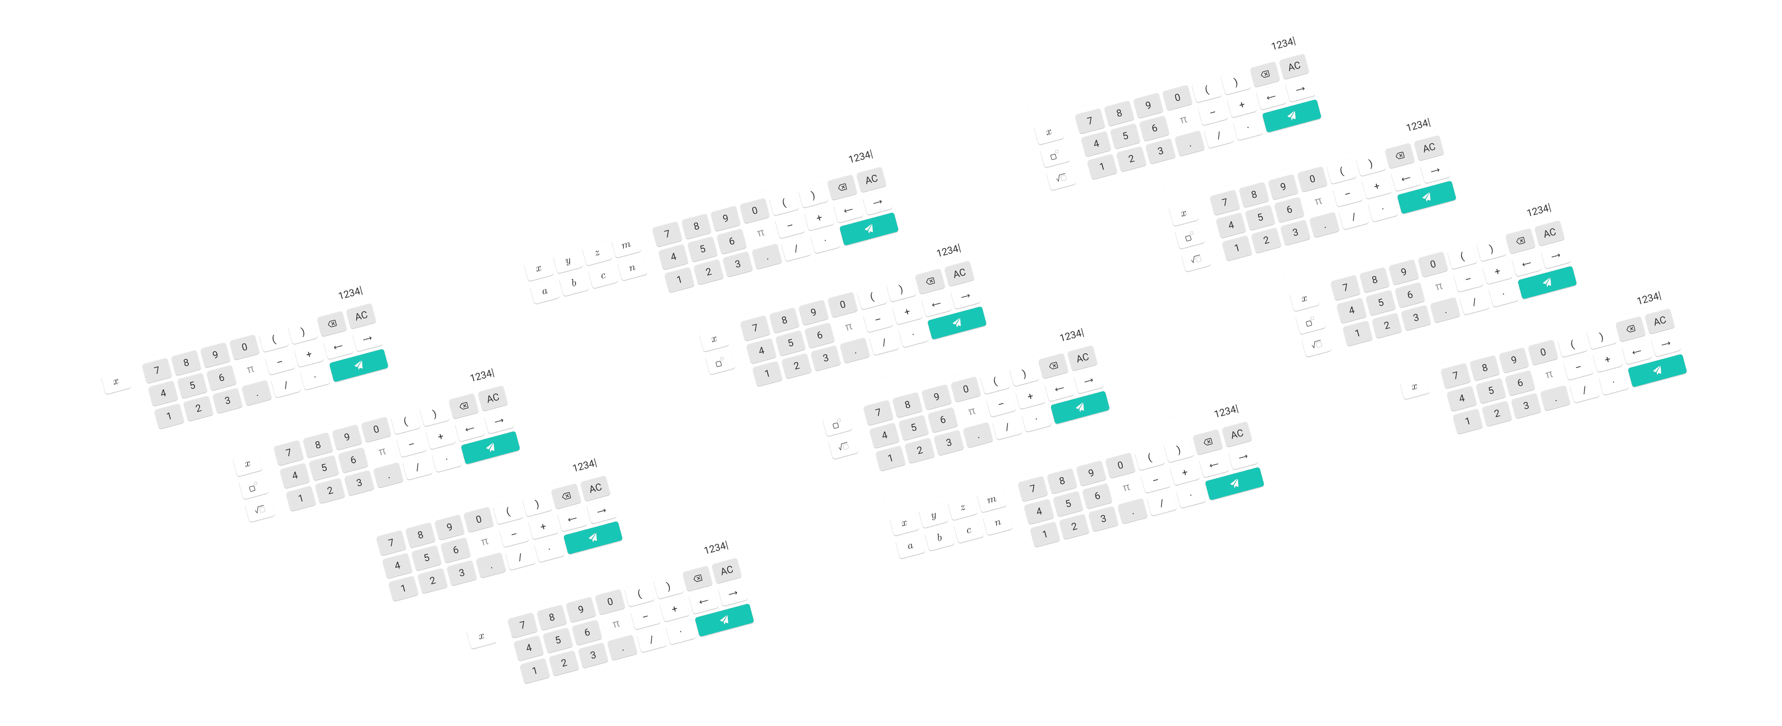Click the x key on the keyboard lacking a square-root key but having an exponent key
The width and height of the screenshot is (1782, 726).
tap(714, 339)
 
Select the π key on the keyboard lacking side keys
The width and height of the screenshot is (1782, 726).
tap(484, 542)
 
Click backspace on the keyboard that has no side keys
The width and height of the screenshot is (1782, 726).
tap(566, 496)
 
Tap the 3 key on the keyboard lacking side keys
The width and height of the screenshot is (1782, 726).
tap(462, 572)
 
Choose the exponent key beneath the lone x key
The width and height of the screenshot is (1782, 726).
tap(720, 363)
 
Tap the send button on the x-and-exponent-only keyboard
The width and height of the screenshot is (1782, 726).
tap(957, 323)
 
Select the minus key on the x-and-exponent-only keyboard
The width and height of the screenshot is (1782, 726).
tap(878, 319)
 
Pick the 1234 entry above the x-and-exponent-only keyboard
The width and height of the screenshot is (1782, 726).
tap(948, 250)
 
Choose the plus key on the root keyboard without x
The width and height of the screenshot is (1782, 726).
tap(1030, 396)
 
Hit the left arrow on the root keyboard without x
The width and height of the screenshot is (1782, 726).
tap(1059, 388)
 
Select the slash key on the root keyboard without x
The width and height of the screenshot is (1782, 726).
tap(1007, 427)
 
